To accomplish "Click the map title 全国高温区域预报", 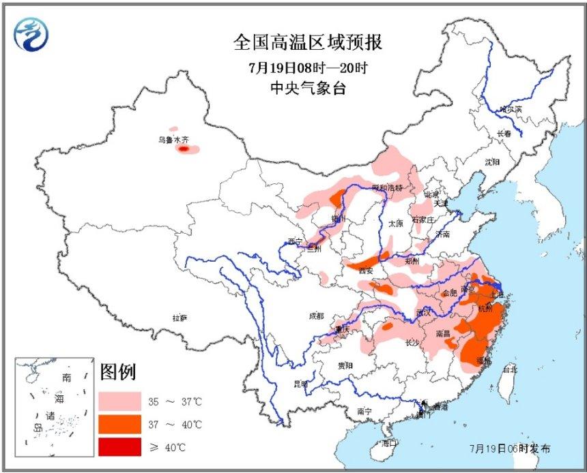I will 308,43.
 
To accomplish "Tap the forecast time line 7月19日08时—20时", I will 308,68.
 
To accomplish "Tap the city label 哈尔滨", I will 510,109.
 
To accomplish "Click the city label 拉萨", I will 180,318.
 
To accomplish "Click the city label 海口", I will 389,443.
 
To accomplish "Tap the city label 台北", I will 509,369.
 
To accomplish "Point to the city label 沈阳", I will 492,162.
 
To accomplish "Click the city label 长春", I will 504,134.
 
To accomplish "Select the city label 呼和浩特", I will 387,187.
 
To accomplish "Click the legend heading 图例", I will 118,372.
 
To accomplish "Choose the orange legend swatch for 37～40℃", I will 119,425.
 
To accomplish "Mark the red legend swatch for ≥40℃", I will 119,447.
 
